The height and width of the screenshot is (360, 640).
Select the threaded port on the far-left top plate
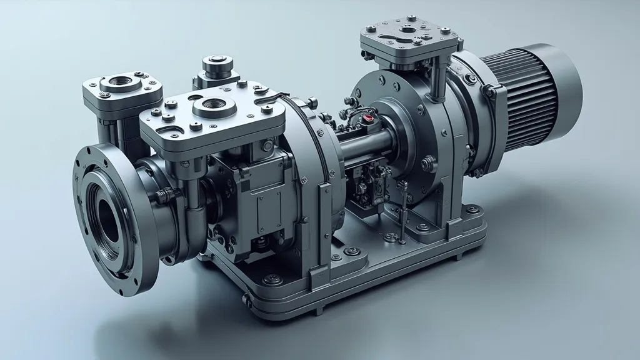pos(121,81)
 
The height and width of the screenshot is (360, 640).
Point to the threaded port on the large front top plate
pos(214,106)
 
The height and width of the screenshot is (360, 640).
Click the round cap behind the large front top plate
pos(217,62)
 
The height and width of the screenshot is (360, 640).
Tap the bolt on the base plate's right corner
pos(473,210)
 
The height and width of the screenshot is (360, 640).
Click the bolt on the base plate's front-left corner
pos(271,279)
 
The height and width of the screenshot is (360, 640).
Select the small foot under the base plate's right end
pos(459,255)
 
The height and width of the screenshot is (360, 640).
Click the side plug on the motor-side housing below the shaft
pos(426,164)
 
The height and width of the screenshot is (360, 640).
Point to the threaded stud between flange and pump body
pos(162,195)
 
